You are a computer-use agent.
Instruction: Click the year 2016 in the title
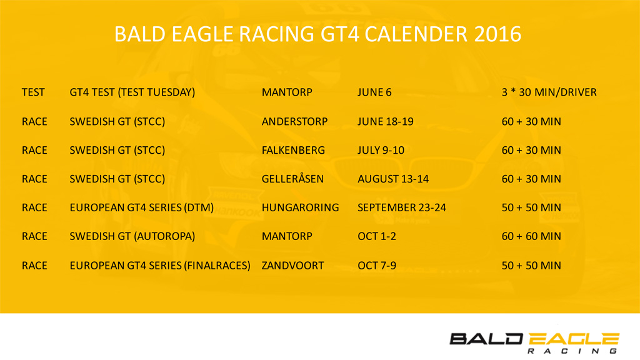[497, 34]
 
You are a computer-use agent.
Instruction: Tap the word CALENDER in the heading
[416, 34]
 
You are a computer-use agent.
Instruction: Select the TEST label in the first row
[33, 92]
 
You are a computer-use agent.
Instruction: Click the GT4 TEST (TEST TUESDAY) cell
[132, 92]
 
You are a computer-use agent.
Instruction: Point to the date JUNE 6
[374, 92]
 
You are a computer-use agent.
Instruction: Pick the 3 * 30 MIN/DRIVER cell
[549, 92]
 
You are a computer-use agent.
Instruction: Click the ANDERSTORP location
[295, 122]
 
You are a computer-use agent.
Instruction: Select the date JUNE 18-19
[385, 122]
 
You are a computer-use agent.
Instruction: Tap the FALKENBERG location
[294, 150]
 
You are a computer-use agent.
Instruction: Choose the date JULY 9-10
[381, 150]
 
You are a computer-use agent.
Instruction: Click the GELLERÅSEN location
[292, 178]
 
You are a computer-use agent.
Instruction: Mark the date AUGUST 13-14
[393, 179]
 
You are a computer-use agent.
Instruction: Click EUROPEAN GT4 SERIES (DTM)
[142, 207]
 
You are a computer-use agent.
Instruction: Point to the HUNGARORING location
[301, 207]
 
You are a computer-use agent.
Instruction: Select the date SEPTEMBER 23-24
[402, 207]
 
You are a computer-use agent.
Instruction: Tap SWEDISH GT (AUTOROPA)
[132, 236]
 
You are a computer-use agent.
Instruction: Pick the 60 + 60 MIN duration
[531, 236]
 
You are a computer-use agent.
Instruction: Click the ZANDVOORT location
[292, 266]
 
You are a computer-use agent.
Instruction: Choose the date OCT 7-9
[377, 266]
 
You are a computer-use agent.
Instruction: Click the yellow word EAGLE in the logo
[574, 339]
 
